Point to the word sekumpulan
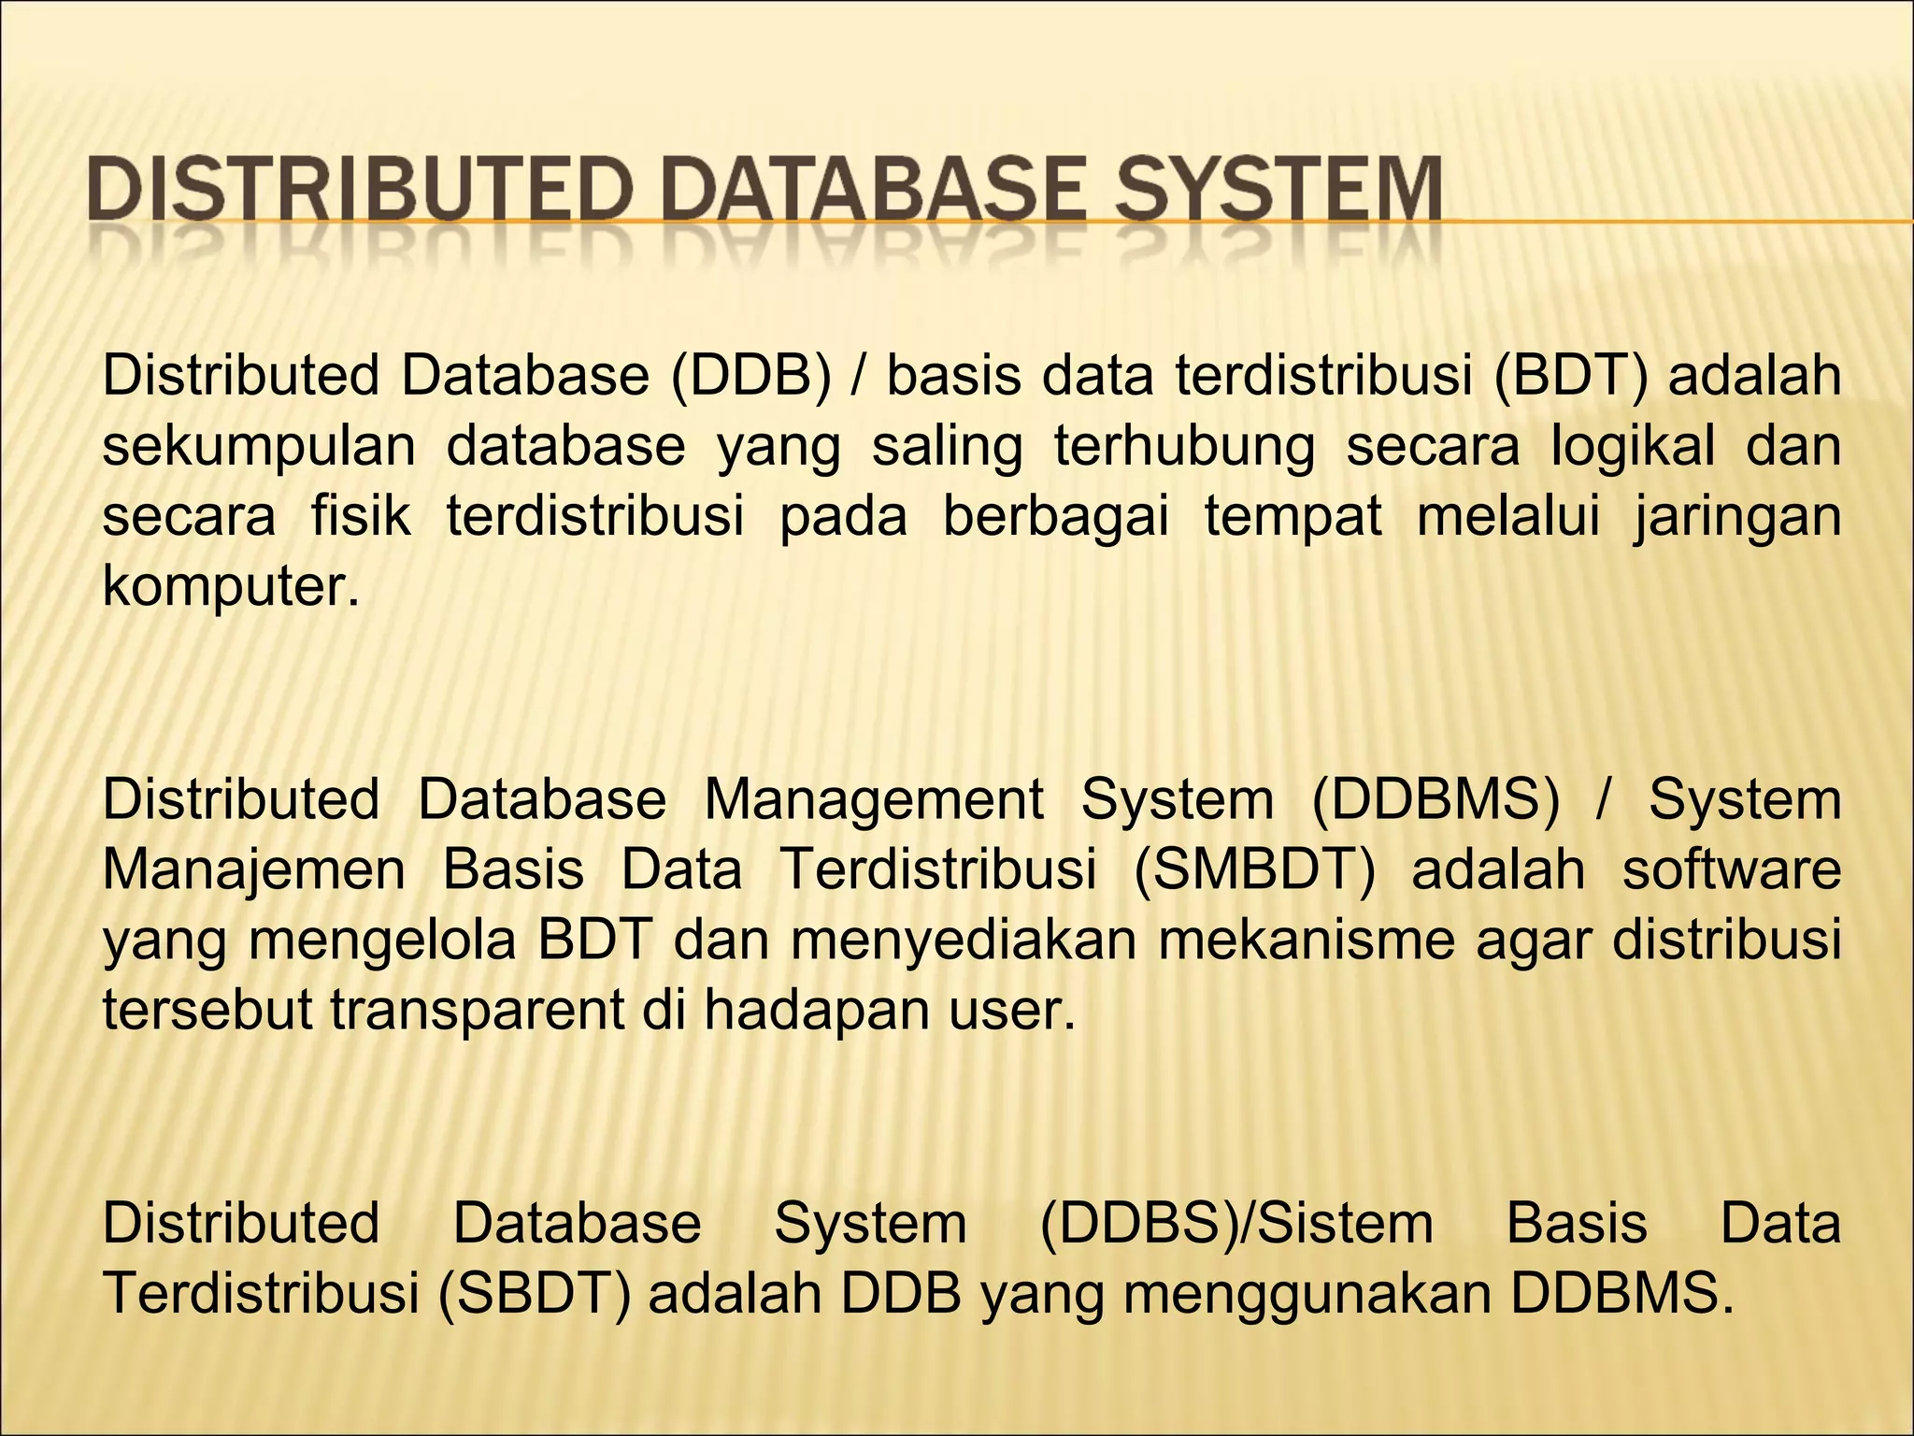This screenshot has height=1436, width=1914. point(258,446)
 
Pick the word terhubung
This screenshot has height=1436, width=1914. point(1184,446)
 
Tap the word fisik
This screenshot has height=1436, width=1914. point(361,516)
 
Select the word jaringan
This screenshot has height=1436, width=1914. point(1737,516)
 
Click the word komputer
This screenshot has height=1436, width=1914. point(230,587)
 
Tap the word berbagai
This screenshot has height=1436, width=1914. point(1055,516)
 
